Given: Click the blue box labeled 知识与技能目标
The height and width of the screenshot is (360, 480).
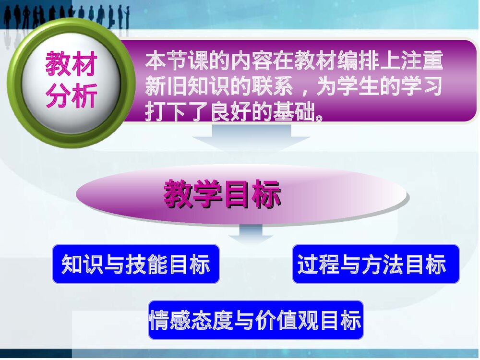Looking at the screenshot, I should pos(136,264).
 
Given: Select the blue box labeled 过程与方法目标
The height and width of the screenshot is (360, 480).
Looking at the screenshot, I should pos(376,264).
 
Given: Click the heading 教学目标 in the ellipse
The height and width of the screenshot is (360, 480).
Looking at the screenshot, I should pos(222,194).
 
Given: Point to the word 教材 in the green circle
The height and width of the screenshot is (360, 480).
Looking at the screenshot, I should pos(72,64).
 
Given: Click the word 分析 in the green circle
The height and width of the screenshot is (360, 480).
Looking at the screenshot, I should pos(72,96).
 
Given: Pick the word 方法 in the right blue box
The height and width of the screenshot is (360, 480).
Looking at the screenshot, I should pos(382,264).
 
